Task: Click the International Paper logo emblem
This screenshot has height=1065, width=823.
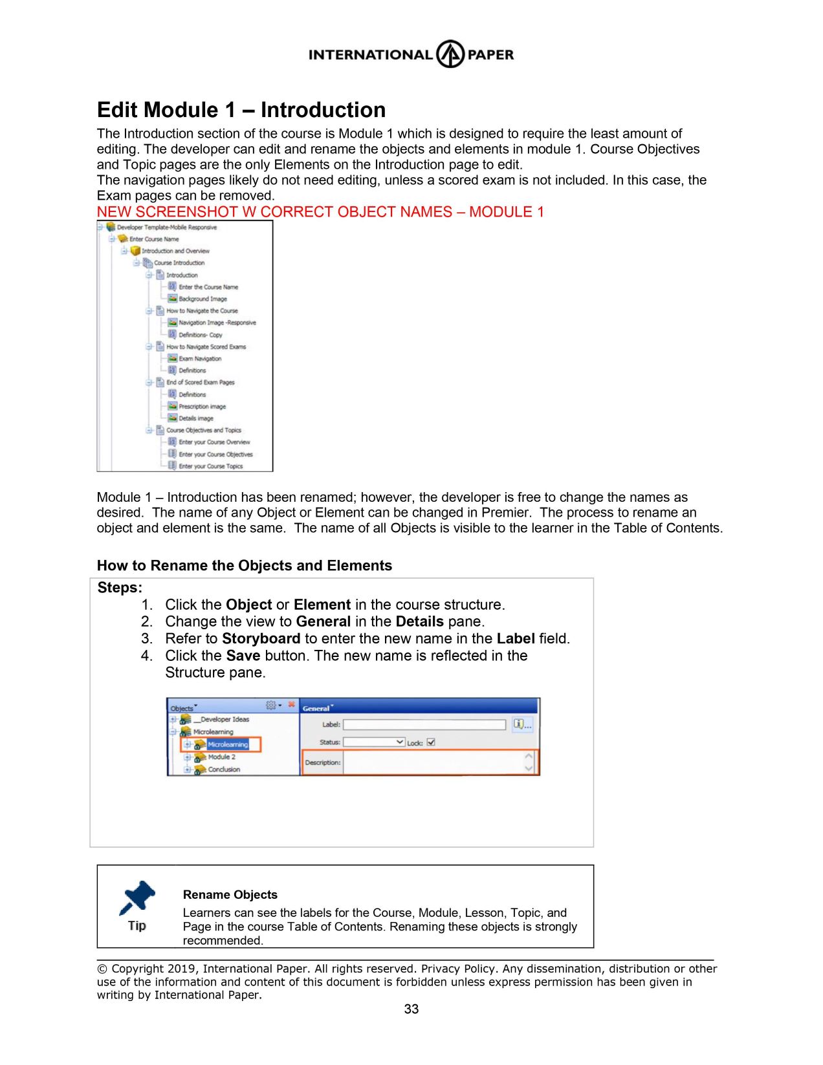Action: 450,54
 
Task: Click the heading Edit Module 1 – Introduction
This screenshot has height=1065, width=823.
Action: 241,110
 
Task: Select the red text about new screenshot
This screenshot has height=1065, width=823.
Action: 320,212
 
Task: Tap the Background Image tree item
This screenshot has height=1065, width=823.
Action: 203,299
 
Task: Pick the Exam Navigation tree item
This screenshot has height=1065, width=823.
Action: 199,358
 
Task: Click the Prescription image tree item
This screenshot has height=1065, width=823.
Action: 202,407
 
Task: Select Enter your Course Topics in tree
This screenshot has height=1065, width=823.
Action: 210,466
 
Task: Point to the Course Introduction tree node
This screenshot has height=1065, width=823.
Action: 179,263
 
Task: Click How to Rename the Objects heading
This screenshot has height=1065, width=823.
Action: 245,566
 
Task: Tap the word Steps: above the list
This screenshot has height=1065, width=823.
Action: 120,588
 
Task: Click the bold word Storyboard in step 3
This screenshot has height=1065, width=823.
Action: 261,639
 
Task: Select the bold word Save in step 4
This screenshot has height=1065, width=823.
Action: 243,656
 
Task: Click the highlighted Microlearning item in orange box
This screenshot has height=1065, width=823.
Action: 228,745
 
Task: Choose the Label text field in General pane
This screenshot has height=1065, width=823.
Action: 424,725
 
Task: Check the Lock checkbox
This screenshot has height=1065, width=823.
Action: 432,742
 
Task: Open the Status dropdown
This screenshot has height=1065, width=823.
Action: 374,742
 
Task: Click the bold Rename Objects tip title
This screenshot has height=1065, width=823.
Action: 230,895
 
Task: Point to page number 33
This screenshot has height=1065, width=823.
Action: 411,1009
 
